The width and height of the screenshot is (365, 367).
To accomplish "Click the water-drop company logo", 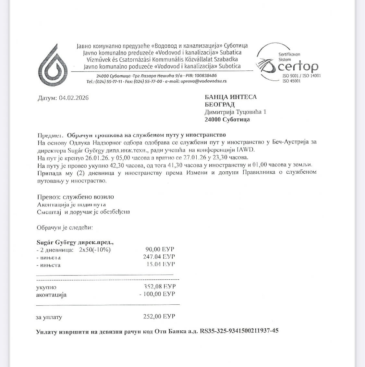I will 53,65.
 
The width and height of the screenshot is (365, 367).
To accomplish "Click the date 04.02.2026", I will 74,98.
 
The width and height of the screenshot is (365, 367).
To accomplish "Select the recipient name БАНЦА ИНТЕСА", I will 230,97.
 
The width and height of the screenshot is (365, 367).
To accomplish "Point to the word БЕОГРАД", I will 219,104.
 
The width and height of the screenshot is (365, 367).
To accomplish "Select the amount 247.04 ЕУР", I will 159,257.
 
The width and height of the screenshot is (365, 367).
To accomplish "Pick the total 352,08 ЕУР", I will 160,287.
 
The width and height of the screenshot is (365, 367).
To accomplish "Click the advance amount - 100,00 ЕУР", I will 157,294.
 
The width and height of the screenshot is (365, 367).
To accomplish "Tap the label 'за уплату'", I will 49,317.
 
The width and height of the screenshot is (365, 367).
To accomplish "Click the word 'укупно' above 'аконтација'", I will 46,287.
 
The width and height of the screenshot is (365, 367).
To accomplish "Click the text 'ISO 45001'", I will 292,81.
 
